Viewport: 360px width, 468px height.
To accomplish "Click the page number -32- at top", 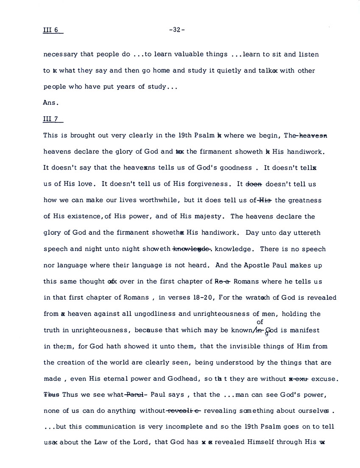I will point(177,30).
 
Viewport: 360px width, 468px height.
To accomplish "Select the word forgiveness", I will point(208,184).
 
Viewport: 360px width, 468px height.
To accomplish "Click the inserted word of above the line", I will point(260,322).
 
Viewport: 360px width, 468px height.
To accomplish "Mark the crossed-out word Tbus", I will point(51,395).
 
